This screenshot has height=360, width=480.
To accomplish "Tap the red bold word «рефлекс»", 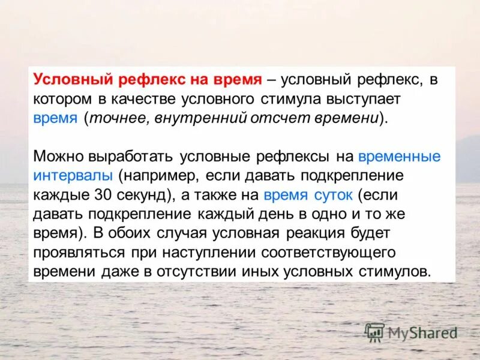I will click(147, 79).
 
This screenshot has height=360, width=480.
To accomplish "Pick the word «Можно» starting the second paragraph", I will click(58, 157).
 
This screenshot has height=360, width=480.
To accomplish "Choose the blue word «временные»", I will click(399, 157).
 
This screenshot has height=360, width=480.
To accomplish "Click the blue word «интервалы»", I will click(73, 176).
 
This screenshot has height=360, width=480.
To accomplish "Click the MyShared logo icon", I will click(374, 332).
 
